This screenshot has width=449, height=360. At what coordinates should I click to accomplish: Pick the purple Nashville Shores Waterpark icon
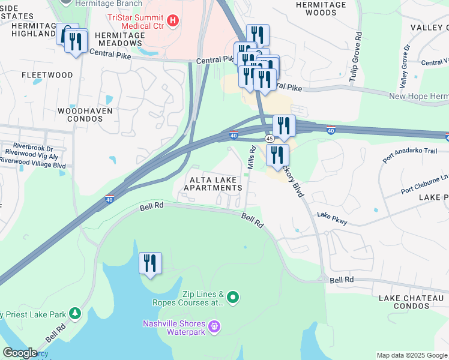pos(215,327)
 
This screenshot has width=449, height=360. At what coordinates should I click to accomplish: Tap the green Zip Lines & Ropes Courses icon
pos(234,298)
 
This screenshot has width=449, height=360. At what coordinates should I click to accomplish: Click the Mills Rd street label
pos(253,159)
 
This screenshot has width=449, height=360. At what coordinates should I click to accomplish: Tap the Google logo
pos(19,353)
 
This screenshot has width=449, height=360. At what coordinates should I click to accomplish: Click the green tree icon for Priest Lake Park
pos(74,313)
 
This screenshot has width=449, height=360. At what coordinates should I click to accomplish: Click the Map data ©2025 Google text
pos(411,355)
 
